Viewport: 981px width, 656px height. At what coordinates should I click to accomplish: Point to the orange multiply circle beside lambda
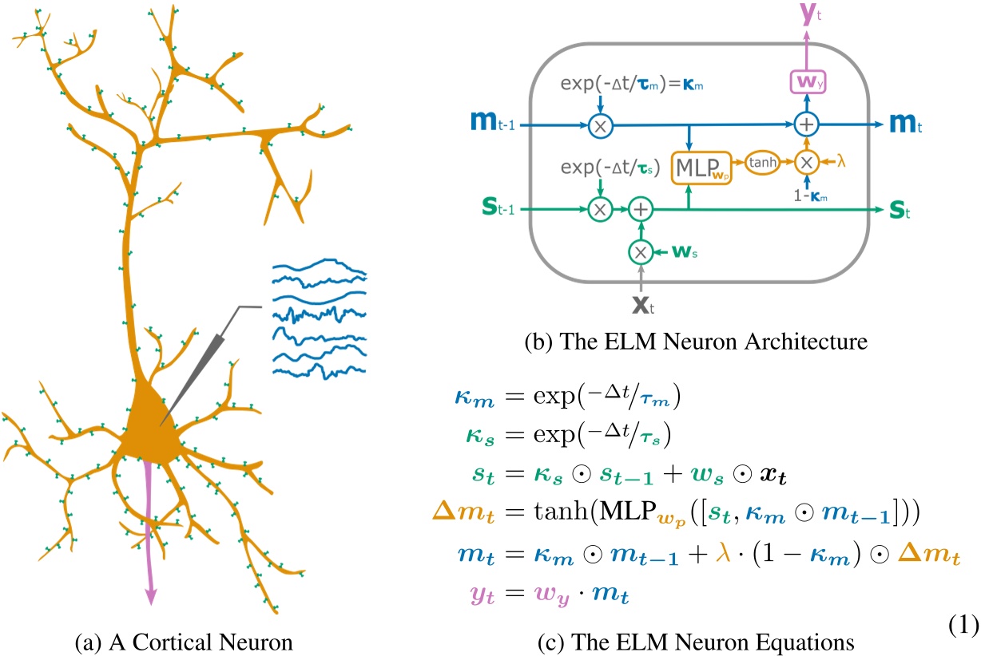805,162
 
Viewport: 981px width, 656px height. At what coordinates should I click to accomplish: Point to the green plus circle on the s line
639,210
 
